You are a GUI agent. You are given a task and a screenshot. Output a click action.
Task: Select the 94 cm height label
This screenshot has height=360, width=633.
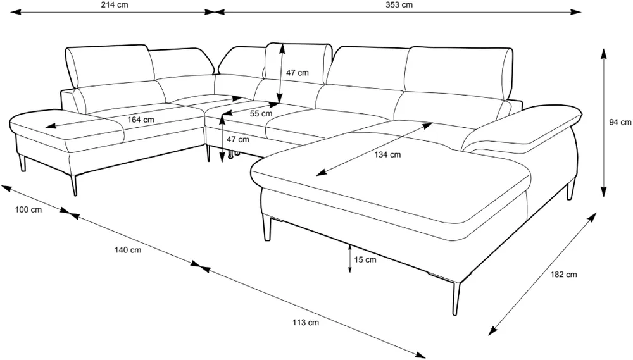tap(620, 122)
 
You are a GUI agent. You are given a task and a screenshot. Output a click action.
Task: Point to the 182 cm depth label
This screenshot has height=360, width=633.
tap(563, 275)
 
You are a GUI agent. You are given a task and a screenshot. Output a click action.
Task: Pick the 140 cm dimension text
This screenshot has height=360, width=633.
tap(128, 250)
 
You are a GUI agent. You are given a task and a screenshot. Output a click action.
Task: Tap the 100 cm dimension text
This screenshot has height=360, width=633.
tap(28, 209)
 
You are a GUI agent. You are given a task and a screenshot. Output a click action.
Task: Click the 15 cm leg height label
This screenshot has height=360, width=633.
tap(365, 260)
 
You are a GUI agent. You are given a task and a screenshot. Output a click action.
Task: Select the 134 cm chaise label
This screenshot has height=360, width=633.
tap(387, 154)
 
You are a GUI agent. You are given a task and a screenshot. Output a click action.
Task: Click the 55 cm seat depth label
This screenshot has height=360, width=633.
tap(261, 114)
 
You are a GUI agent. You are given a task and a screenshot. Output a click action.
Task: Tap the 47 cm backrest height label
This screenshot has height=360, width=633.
tap(298, 73)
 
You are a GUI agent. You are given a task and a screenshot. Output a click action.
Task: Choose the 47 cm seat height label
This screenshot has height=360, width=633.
tap(238, 140)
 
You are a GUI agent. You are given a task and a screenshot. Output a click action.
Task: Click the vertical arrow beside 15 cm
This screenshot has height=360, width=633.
tap(349, 258)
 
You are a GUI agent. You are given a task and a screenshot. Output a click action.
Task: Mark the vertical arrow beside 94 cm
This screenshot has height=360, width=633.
tap(603, 123)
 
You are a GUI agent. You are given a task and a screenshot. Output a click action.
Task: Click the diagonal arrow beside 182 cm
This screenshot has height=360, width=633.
tap(542, 274)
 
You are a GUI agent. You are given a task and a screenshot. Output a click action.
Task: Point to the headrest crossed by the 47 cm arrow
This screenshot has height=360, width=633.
tap(297, 63)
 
